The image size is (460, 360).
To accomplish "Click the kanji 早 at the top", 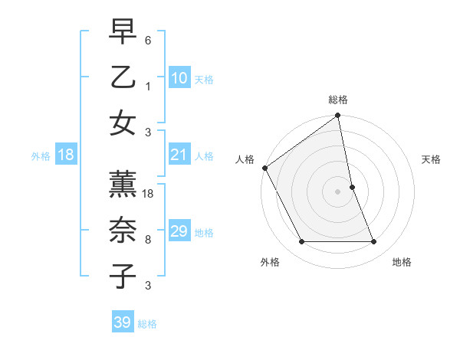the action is pos(123,33).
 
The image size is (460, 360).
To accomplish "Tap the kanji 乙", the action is pos(123,77).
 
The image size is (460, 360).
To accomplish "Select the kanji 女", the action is pos(123,123).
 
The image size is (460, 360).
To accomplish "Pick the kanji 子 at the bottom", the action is pos(123,277).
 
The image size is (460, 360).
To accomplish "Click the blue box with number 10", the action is pos(179,78).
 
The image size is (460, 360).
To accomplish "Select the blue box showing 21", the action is pos(179,155).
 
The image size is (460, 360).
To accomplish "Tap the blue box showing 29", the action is pos(179,232).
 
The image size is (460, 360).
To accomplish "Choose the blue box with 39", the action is pos(123,323).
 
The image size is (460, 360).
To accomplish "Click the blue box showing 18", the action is pos(66,155).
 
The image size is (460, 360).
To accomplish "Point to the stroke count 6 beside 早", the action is pos(148,41).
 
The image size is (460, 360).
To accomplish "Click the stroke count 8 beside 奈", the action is pos(148,240).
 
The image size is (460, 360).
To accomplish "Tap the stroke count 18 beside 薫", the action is pos(149,195).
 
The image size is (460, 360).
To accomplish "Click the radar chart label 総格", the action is pos(338,100).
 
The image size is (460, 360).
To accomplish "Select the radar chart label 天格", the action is pos(431,159).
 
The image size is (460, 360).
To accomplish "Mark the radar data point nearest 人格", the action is pos(265,168).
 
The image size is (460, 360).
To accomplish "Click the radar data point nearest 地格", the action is pos(374,242).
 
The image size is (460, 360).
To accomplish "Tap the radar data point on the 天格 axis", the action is pos(352,187).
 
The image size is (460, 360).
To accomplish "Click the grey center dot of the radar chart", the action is pos(338,191).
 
